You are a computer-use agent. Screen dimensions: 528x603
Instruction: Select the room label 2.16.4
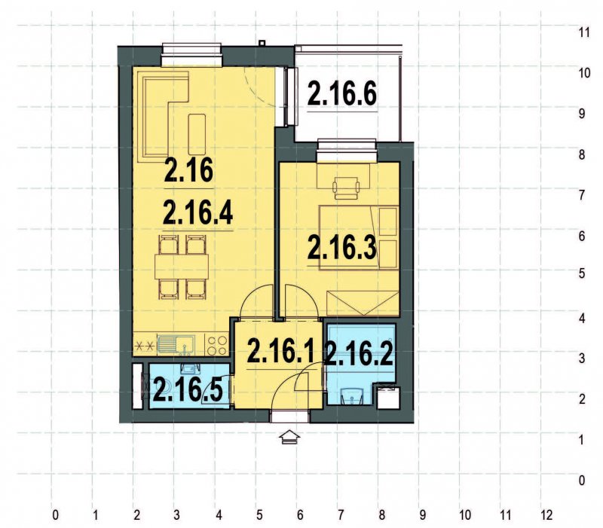point(198,213)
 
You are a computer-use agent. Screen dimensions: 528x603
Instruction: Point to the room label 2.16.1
point(280,351)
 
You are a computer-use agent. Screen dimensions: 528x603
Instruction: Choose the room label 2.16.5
point(188,389)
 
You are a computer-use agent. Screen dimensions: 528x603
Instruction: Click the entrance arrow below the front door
point(289,438)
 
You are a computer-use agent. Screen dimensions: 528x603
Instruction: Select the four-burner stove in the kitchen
point(217,346)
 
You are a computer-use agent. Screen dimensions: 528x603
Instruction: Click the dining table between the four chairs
point(182,267)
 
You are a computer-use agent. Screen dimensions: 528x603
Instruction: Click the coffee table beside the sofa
point(197,133)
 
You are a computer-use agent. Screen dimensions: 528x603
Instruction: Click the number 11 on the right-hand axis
point(583,33)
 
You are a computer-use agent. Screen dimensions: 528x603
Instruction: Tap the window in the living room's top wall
point(191,52)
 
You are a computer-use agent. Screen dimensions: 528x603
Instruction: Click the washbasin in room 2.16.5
point(188,368)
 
